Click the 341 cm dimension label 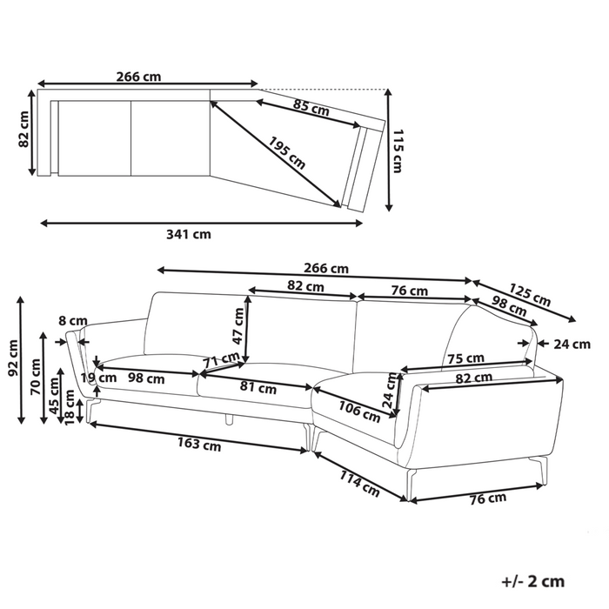189,235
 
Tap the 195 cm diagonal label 286,153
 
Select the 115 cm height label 398,151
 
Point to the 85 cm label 311,108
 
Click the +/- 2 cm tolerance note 532,581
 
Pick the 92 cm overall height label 14,358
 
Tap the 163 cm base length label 199,444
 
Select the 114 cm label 359,484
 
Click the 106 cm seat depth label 359,412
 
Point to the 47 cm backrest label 238,326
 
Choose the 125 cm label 530,295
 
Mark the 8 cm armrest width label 73,321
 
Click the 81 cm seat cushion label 258,388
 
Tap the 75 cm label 465,358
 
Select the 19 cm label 98,378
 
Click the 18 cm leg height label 70,407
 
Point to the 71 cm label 222,359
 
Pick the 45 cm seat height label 55,395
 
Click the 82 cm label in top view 23,129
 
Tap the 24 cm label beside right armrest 572,345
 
